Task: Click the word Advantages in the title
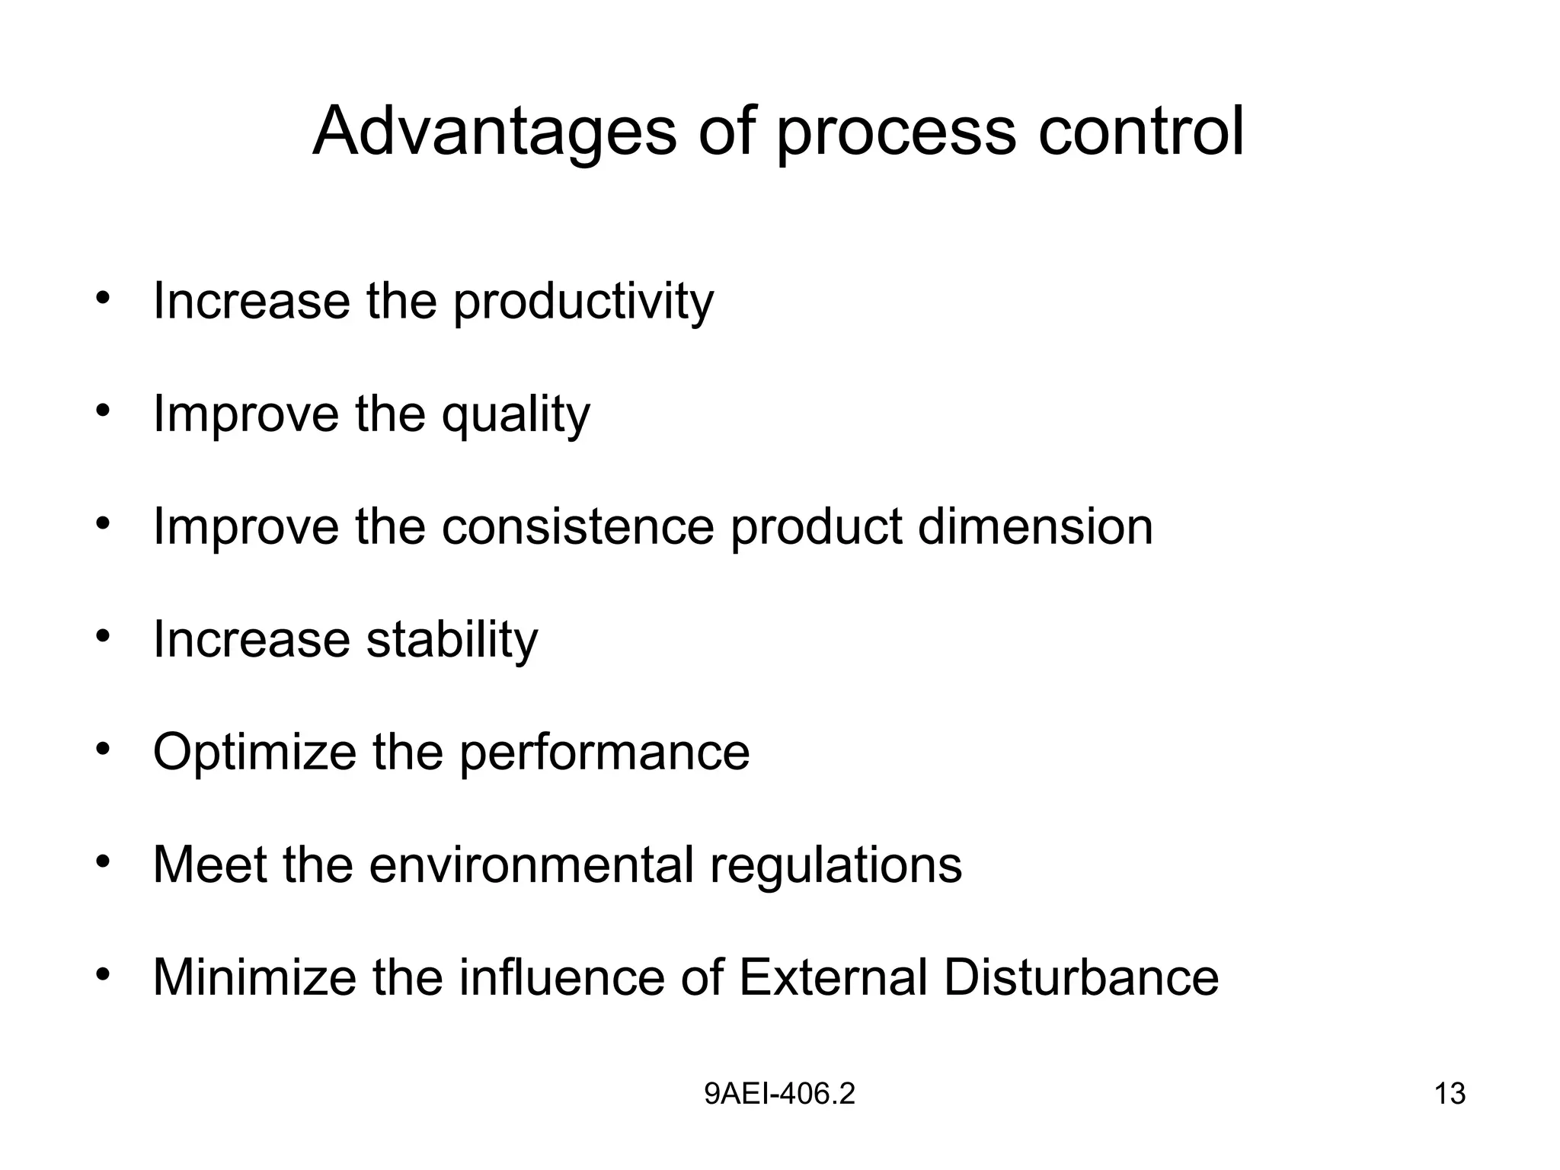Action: coord(494,132)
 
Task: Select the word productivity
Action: coord(583,302)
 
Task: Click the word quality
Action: coord(516,415)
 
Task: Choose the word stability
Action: coord(452,639)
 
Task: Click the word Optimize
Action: coord(254,752)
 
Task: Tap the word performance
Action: coord(604,753)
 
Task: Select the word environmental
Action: coord(531,865)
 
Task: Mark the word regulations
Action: coord(836,866)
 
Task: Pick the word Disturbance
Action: coord(1081,977)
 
